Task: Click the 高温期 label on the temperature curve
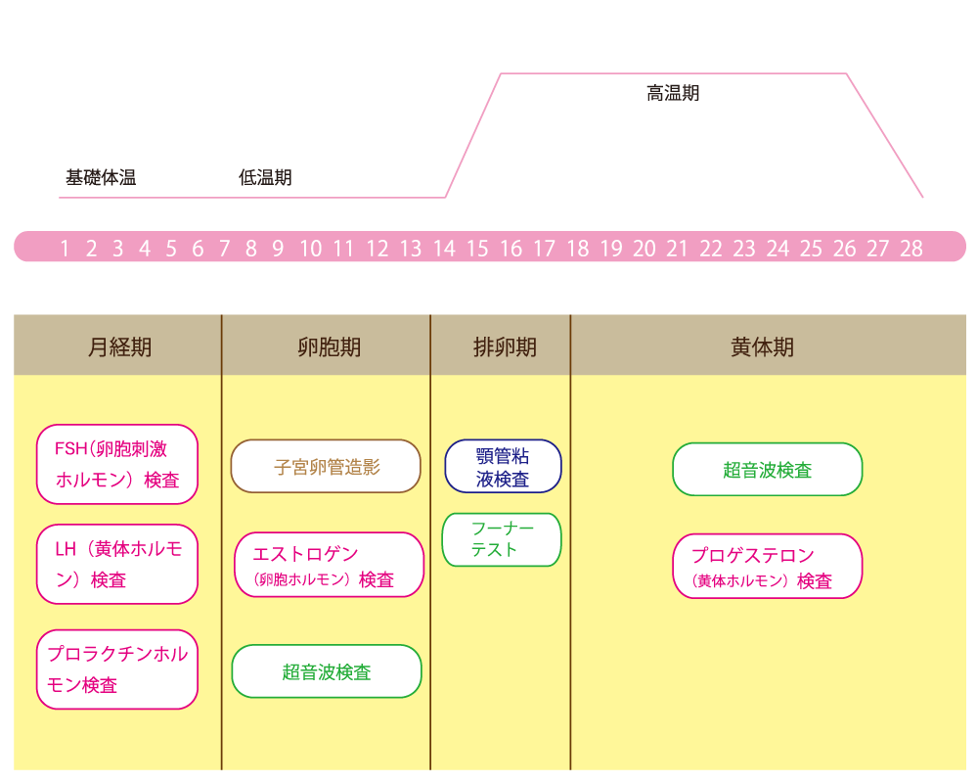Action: tap(673, 94)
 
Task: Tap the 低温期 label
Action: tap(265, 178)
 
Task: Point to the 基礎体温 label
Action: tap(101, 178)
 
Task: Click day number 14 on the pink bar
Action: tap(444, 249)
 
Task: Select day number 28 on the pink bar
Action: tap(911, 249)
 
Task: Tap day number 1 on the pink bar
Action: tap(65, 249)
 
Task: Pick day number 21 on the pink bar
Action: tap(677, 249)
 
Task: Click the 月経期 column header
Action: tap(119, 347)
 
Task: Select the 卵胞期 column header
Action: tap(329, 347)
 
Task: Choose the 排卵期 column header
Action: tap(505, 347)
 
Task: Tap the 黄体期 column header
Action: tap(762, 347)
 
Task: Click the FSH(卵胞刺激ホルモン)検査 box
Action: tap(117, 464)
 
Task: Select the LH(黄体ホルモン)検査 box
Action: tap(117, 564)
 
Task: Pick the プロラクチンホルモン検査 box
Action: tap(117, 669)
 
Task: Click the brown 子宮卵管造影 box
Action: tap(326, 467)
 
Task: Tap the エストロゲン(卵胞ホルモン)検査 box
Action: tap(330, 565)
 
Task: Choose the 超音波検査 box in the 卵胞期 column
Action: tap(327, 671)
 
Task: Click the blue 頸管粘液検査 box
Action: tap(503, 467)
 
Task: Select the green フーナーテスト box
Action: tap(502, 539)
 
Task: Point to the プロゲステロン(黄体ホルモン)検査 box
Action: tap(767, 567)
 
